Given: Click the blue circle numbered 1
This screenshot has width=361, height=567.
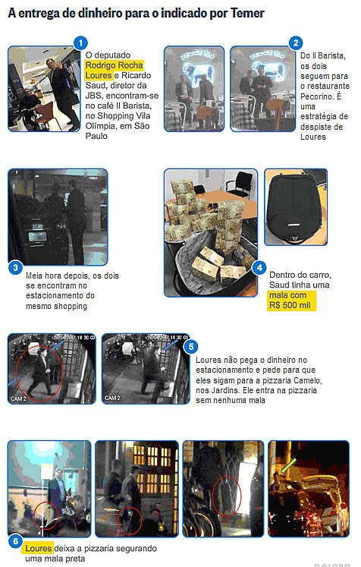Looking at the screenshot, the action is (80, 43).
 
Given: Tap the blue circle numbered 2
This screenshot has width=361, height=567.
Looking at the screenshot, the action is (296, 43).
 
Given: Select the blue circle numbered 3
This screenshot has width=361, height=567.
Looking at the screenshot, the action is (15, 268).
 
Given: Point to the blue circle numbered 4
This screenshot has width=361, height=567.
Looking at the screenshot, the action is (259, 268).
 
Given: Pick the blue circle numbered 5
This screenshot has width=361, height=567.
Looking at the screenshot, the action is (191, 347).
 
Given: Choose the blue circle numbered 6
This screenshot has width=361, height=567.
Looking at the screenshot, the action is (15, 541).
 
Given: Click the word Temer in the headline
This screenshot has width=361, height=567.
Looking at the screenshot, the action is (247, 14).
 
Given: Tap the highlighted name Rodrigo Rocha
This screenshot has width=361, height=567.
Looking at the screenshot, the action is (115, 65).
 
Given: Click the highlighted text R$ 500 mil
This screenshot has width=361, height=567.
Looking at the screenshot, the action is (290, 305).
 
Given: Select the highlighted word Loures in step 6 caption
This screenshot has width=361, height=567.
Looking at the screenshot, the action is (39, 549).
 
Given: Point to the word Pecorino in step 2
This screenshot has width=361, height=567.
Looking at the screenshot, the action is (316, 96).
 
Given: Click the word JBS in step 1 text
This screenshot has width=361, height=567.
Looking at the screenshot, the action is (93, 96).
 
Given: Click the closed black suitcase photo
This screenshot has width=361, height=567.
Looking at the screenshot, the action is (296, 207).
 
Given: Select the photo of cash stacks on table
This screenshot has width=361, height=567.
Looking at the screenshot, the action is (211, 233).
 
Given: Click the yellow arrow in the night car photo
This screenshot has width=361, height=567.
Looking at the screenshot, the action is (288, 465).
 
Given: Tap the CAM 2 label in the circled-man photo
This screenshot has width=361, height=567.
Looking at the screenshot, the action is (18, 398).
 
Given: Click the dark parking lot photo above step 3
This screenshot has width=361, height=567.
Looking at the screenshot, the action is (58, 217).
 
